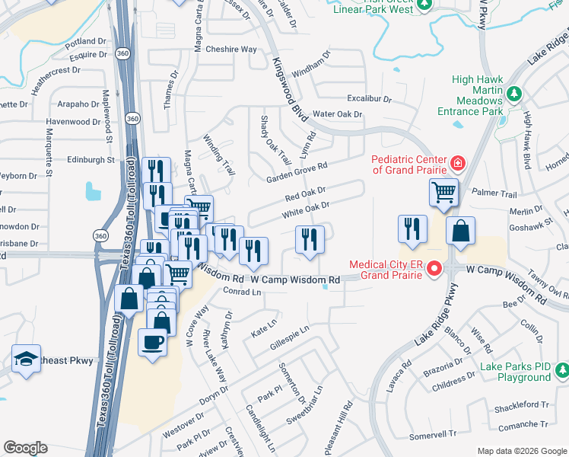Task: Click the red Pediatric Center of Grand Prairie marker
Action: [457, 162]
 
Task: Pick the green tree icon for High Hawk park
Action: [514, 94]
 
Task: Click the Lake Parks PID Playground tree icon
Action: [561, 370]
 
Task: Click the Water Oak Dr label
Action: [338, 114]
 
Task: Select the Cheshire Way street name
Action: [231, 50]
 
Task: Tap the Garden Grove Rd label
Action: [296, 173]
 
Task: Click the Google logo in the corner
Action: [25, 448]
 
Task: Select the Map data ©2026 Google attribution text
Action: [521, 451]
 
